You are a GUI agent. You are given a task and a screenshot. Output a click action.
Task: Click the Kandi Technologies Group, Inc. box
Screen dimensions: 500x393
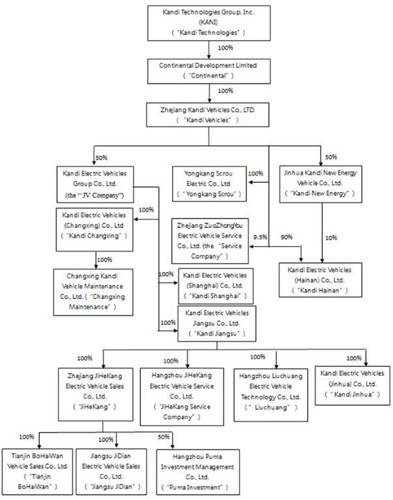tap(209, 21)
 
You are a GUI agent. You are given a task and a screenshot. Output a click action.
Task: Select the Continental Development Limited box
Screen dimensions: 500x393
tap(209, 70)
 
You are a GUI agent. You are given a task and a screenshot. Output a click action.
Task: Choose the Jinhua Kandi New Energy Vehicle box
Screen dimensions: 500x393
tap(320, 184)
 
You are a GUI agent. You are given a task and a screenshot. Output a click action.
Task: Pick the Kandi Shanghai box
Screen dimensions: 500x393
tap(218, 286)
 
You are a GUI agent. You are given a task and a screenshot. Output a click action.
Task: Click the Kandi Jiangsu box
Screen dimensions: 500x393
tap(218, 324)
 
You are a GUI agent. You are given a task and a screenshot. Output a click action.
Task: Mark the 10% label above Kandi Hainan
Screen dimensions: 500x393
tap(331, 238)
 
